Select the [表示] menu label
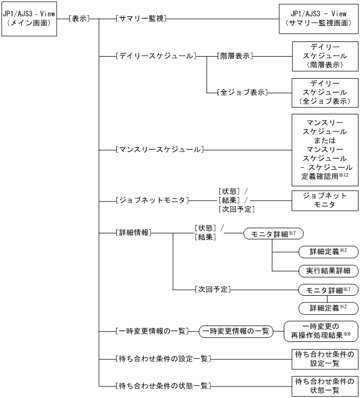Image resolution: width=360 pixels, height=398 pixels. coord(78,19)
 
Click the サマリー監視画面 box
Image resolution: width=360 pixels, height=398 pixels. coord(318,19)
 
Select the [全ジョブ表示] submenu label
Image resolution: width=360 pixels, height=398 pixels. coord(242,92)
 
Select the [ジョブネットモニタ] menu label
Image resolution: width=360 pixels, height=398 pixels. coord(151,200)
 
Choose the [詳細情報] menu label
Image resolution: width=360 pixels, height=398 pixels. coord(133,231)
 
